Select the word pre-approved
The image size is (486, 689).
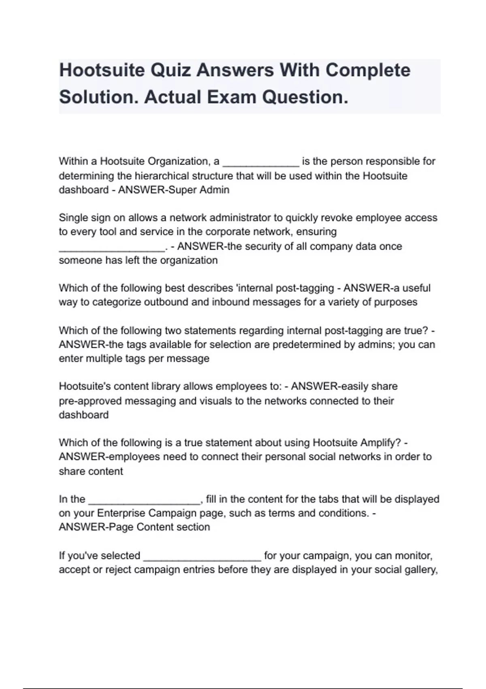pos(90,401)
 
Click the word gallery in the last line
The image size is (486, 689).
pos(421,570)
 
